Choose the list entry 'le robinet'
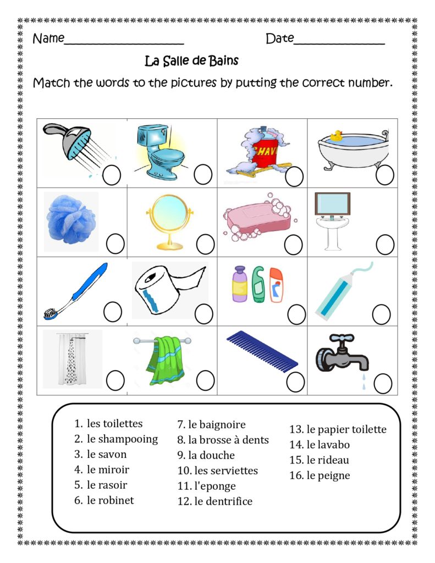point(110,500)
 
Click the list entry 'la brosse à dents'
point(228,440)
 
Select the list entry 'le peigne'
point(328,476)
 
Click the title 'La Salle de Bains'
point(191,60)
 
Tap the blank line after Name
point(124,40)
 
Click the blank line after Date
point(339,40)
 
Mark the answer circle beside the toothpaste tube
point(381,314)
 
